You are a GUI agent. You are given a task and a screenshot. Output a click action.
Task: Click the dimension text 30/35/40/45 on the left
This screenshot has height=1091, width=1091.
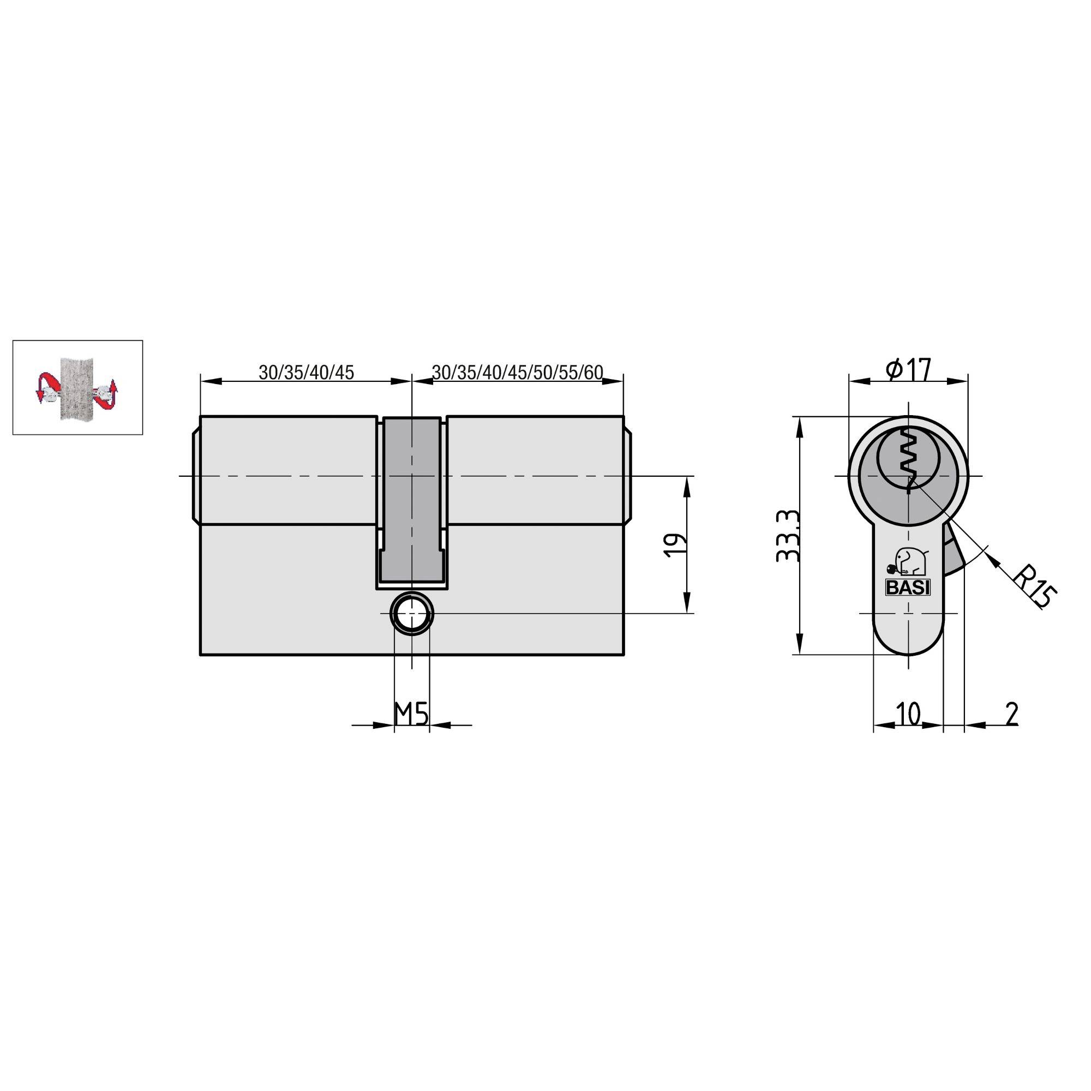pyautogui.click(x=306, y=372)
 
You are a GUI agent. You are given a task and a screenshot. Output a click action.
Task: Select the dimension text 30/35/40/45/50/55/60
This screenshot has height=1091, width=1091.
pyautogui.click(x=517, y=372)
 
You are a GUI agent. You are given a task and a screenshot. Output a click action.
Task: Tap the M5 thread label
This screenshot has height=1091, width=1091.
pyautogui.click(x=411, y=716)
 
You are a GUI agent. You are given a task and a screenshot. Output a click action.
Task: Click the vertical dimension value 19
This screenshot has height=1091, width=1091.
pyautogui.click(x=676, y=545)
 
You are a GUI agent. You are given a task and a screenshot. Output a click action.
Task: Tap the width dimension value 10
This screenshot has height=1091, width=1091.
pyautogui.click(x=908, y=715)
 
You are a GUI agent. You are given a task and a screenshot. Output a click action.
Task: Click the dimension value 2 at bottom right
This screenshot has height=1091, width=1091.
pyautogui.click(x=1012, y=715)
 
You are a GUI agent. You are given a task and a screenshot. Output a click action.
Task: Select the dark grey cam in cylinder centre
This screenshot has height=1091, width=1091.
pyautogui.click(x=412, y=497)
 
